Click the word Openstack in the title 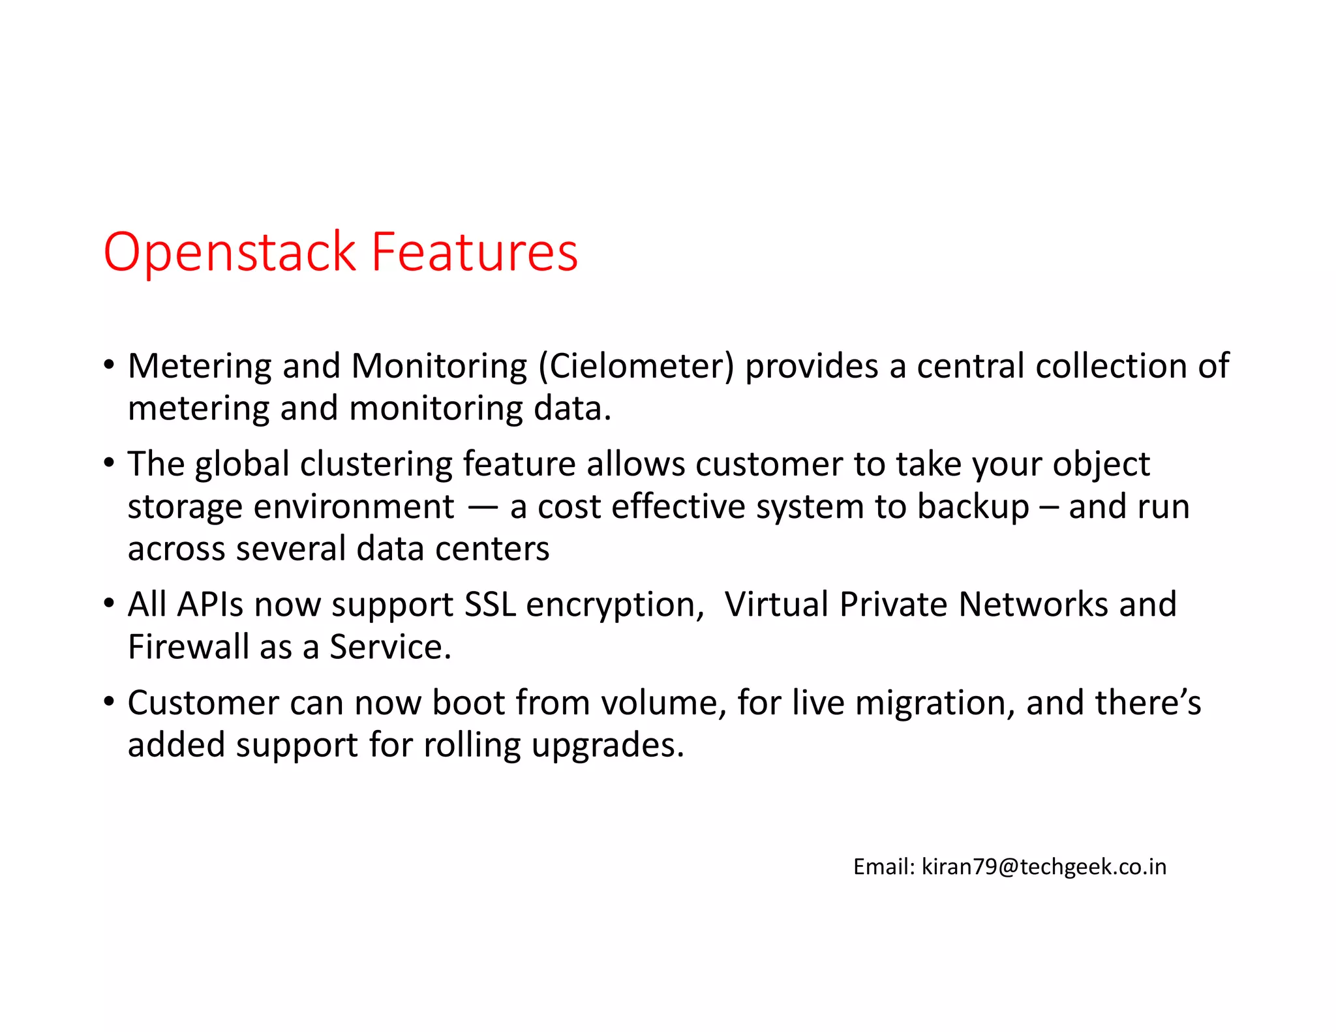point(229,252)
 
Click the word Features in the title point(474,252)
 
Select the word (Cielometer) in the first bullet point(636,366)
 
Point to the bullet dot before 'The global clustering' point(109,463)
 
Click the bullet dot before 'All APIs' point(109,603)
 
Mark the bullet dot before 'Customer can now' point(109,701)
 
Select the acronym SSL point(489,604)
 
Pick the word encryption point(615,605)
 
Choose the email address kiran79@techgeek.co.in point(1044,867)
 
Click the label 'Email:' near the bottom point(884,867)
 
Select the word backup point(973,507)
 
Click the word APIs point(210,604)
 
